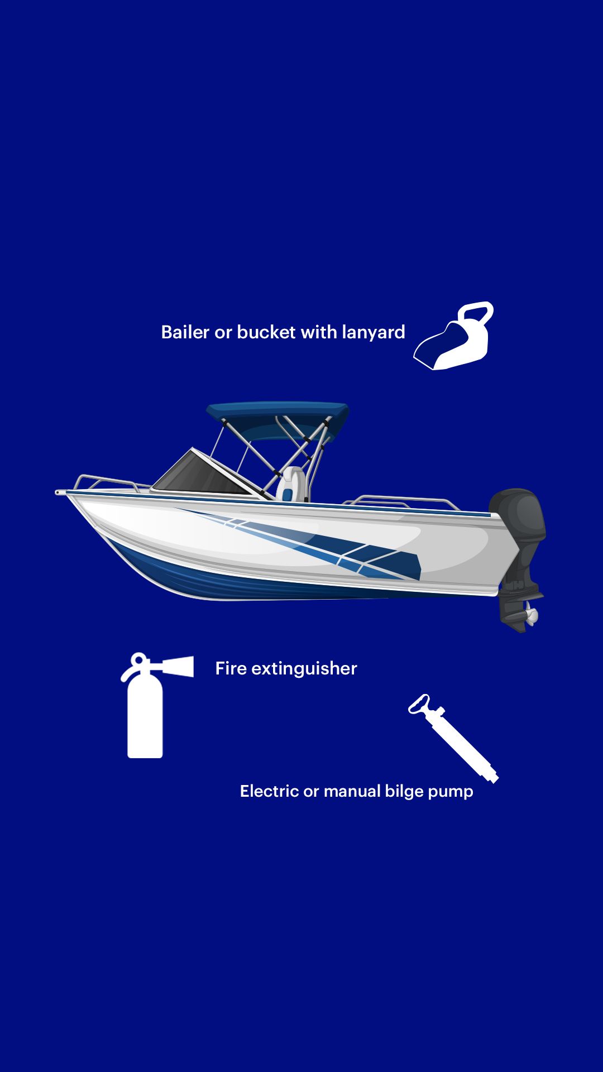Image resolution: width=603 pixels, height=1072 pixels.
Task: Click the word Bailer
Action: [185, 332]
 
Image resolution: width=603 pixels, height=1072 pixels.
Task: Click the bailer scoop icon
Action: [454, 336]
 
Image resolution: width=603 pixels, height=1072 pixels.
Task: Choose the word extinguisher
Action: [304, 668]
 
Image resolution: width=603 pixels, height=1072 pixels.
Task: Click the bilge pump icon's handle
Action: [419, 704]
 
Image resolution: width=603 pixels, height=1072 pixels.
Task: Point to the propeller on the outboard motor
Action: [531, 616]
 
